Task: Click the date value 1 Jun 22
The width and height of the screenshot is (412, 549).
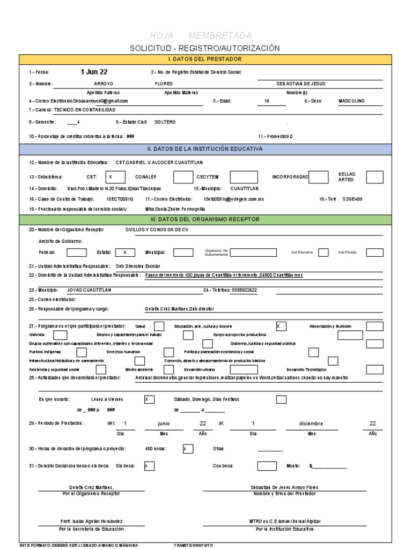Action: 94,72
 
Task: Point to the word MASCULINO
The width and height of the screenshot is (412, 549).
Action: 351,101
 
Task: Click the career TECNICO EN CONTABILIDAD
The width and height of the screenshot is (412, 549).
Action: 84,109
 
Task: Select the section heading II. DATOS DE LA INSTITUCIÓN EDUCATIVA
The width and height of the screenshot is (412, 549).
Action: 205,149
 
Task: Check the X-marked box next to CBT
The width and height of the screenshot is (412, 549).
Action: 115,177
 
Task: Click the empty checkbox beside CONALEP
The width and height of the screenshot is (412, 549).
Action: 182,177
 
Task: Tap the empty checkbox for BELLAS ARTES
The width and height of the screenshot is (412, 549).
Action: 374,177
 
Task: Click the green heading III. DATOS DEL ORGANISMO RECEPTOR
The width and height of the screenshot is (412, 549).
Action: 205,219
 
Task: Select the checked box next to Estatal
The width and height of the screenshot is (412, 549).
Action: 125,253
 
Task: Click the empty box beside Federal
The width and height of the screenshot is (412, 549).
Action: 76,253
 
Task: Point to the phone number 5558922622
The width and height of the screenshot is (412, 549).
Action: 245,290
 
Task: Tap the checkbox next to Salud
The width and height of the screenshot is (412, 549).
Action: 159,326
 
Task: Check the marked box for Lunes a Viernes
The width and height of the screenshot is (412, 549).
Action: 149,399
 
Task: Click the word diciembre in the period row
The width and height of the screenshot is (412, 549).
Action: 312,423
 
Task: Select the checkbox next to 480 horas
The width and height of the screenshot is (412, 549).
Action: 188,449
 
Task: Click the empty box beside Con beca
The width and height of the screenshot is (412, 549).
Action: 267,466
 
